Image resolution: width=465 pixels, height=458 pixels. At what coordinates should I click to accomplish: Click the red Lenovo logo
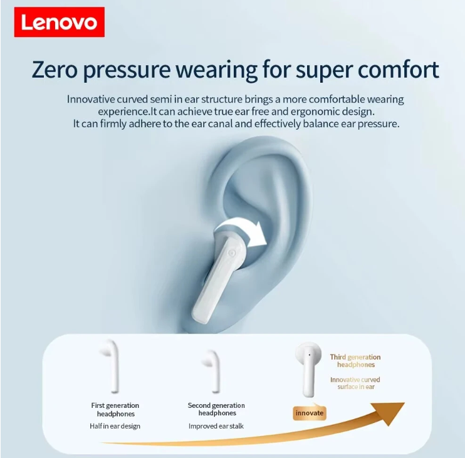[x=60, y=22]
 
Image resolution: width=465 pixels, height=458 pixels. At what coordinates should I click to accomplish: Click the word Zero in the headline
[x=55, y=70]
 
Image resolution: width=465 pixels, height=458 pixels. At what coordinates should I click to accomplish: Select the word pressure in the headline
[x=127, y=71]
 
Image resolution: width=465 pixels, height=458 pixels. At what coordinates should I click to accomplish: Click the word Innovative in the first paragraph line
[x=90, y=99]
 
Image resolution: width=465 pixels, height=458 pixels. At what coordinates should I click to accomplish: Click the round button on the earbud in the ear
[x=232, y=253]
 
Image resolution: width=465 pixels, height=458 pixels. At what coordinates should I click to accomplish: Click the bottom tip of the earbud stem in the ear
[x=200, y=320]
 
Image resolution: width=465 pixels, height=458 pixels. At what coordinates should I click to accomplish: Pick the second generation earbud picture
[x=211, y=371]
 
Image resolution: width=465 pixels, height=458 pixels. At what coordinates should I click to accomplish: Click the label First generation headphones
[x=115, y=409]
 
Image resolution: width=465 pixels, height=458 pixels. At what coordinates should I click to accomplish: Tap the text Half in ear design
[x=115, y=426]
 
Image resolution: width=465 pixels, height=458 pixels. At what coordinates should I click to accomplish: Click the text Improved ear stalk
[x=216, y=426]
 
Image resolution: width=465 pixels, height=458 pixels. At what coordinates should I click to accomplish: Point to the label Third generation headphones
[x=355, y=361]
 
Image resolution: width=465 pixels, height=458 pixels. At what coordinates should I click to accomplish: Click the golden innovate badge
[x=310, y=413]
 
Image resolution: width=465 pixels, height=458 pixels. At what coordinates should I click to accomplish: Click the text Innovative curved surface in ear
[x=355, y=383]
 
